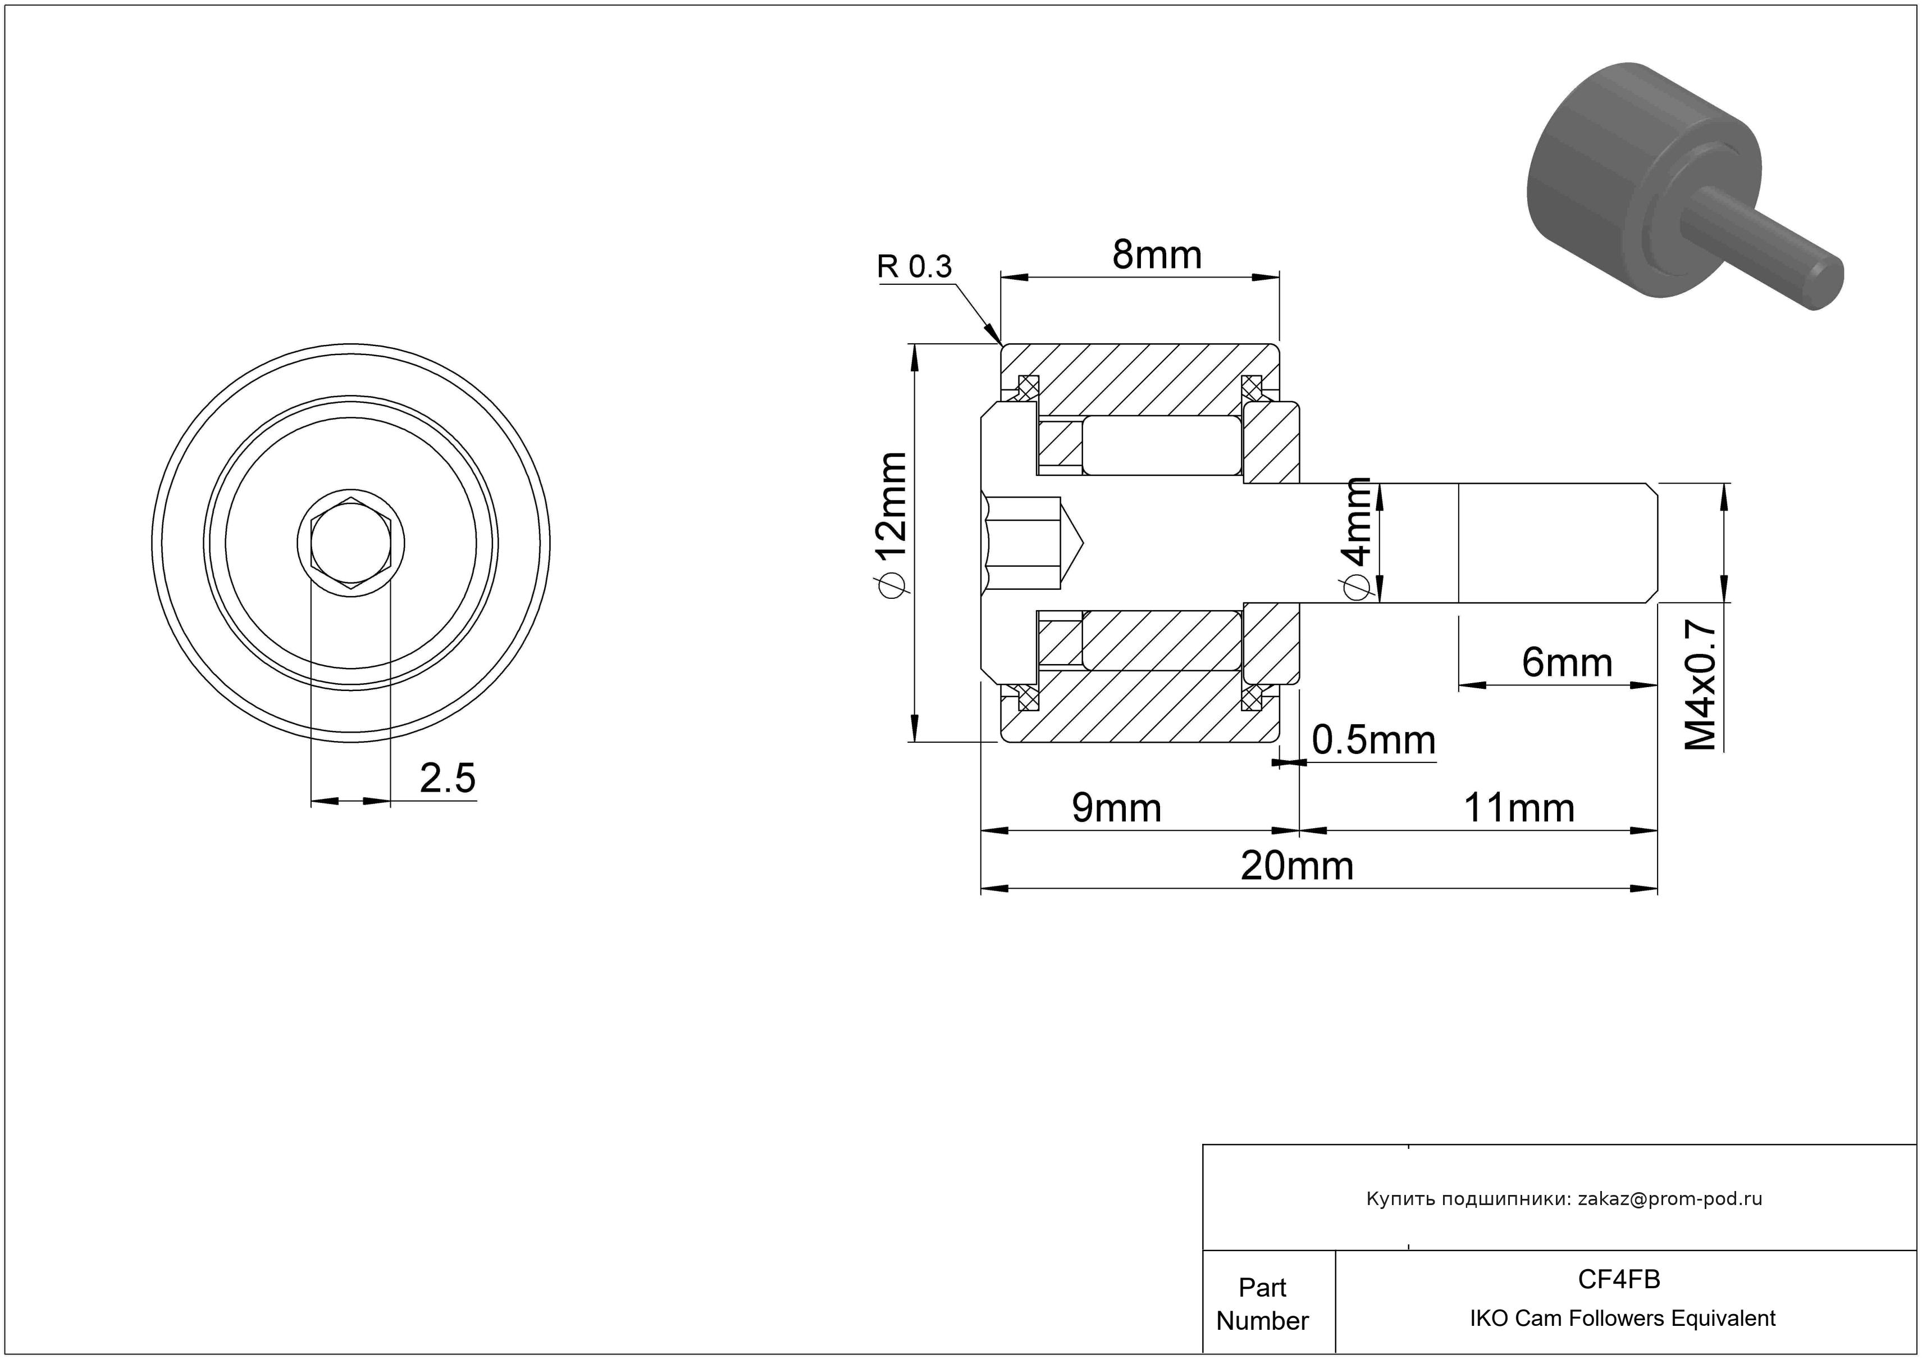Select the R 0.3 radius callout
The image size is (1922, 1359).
pos(914,267)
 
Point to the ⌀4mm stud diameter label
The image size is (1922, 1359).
pos(1356,538)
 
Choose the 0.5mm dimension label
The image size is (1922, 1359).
pos(1373,740)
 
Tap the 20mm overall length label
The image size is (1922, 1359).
pos(1296,866)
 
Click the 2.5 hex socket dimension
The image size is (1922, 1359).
pos(448,779)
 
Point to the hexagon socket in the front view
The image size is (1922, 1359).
pos(351,543)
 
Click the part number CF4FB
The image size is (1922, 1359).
pos(1619,1279)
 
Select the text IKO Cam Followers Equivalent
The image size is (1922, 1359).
pos(1622,1319)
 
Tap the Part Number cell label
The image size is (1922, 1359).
pos(1262,1304)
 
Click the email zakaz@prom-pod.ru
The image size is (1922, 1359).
pos(1670,1199)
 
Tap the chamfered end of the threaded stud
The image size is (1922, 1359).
pos(1652,543)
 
